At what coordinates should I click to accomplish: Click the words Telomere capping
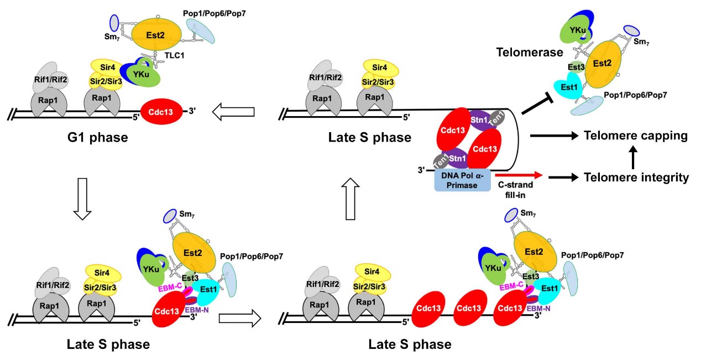[x=635, y=135]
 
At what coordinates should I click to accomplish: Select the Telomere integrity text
[x=636, y=177]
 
